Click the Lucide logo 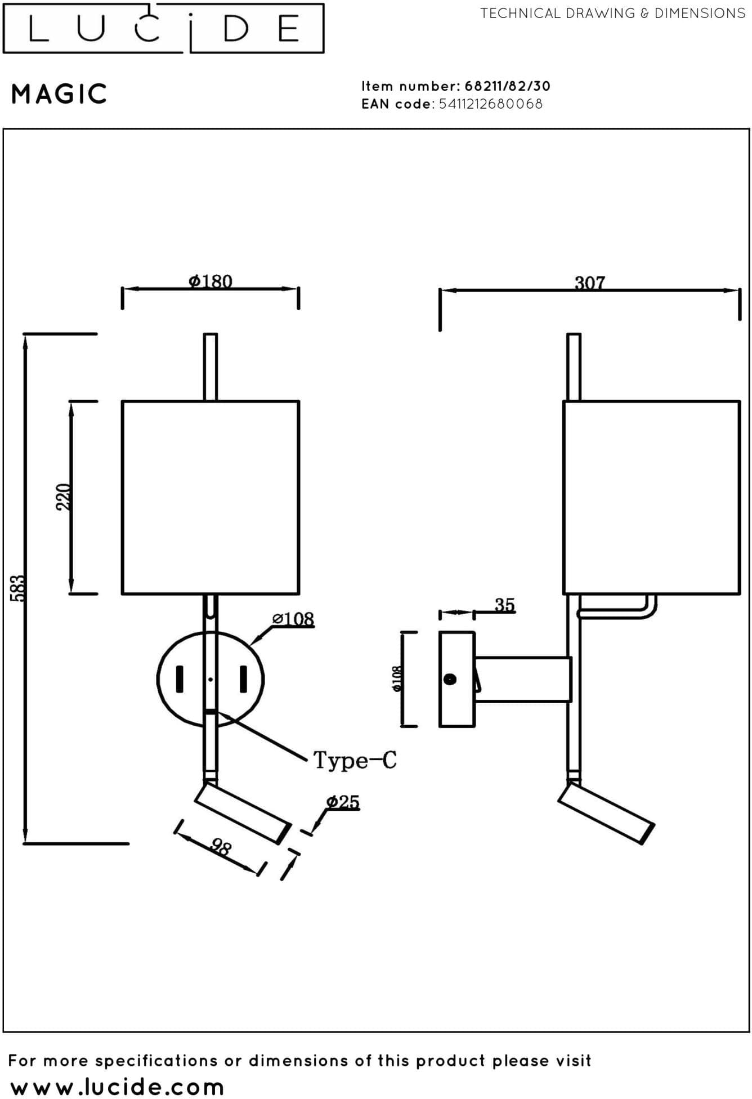[x=163, y=28]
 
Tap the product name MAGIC [x=59, y=94]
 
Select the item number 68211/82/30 [x=507, y=86]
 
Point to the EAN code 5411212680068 [x=491, y=104]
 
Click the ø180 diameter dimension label [x=211, y=280]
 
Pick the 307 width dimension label [x=589, y=283]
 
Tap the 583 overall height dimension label [x=18, y=588]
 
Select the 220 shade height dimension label [x=64, y=497]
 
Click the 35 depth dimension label [x=505, y=605]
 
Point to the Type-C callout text [x=355, y=760]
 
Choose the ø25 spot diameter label [x=343, y=802]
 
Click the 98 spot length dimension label [x=221, y=847]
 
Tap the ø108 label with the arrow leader [x=293, y=619]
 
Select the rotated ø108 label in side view [x=397, y=679]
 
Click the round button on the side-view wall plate [x=450, y=679]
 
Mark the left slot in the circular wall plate [x=180, y=680]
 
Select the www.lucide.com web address [x=117, y=1086]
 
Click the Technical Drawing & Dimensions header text [x=612, y=13]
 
